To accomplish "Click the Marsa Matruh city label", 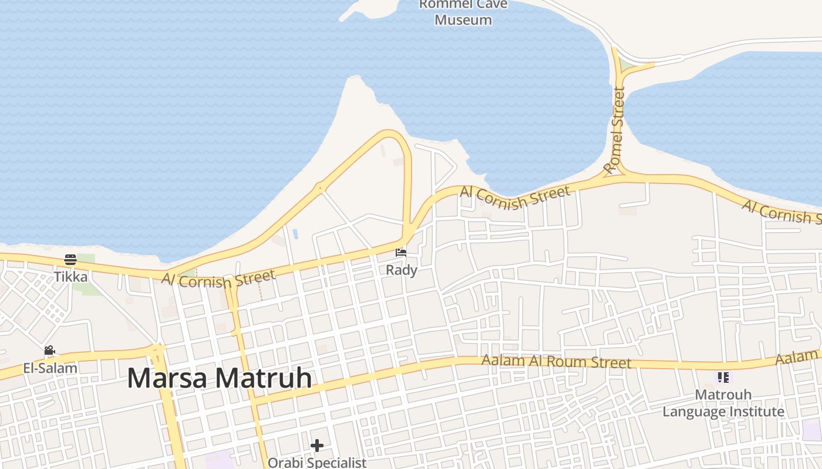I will click(x=219, y=378).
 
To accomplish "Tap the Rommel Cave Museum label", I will click(x=463, y=12).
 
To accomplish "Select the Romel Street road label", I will click(x=615, y=130).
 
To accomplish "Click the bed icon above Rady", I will click(x=401, y=253).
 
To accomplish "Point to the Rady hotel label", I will click(x=402, y=270).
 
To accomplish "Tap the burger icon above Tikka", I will click(x=70, y=260).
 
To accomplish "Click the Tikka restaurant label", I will click(x=70, y=277).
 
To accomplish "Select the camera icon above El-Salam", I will click(x=50, y=351).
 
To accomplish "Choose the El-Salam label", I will click(x=50, y=368).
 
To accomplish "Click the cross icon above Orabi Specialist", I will click(x=317, y=446).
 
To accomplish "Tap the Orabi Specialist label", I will click(x=317, y=463).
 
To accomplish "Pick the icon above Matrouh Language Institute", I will click(x=723, y=378).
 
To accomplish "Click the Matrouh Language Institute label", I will click(x=723, y=403).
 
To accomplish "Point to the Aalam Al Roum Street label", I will click(x=556, y=361).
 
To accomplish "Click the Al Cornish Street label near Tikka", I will click(x=218, y=279).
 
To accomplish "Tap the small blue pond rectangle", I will click(x=295, y=233).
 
